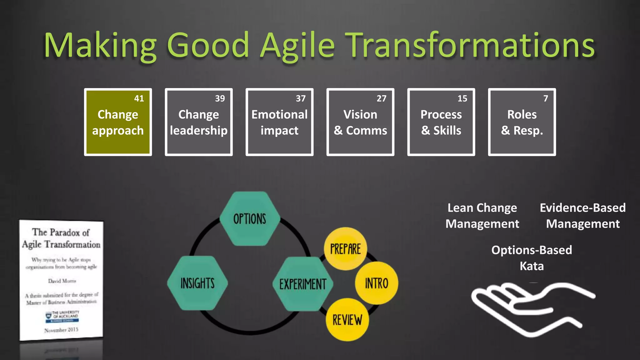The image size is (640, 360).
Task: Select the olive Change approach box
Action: click(x=118, y=122)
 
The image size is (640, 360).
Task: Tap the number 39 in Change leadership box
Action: click(x=220, y=99)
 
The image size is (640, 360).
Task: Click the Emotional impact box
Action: click(x=279, y=122)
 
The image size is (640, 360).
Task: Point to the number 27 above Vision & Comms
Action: click(x=381, y=99)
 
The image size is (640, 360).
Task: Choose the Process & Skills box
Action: click(x=441, y=122)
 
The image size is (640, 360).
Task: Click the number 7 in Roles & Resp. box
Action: click(x=545, y=99)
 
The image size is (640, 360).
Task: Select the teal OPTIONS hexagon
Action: click(x=249, y=219)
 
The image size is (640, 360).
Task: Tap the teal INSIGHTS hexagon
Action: click(x=197, y=283)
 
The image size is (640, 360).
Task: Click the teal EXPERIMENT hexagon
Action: click(x=302, y=284)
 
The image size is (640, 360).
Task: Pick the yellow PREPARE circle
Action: click(x=345, y=249)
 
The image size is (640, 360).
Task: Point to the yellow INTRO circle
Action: click(x=377, y=283)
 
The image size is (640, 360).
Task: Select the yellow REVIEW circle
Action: click(x=347, y=320)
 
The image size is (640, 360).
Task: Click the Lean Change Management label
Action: click(x=482, y=216)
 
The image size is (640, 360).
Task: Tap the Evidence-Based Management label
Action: click(x=583, y=216)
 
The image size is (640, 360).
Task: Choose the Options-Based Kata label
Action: click(x=532, y=258)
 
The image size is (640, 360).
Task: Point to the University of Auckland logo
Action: click(x=62, y=316)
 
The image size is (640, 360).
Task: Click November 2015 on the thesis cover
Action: click(x=61, y=330)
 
